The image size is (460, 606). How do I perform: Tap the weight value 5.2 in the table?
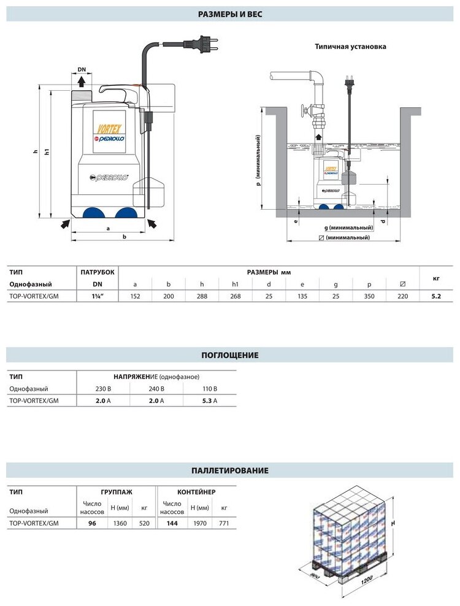point(435,296)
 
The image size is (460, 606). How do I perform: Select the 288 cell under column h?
point(202,296)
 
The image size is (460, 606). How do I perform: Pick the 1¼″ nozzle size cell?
point(97,296)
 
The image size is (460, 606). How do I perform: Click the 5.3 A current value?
point(210,401)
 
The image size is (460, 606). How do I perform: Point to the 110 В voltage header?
point(210,389)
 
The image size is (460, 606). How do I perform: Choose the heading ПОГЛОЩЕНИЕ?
point(230,355)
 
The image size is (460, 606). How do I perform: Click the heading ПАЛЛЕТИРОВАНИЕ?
point(230,471)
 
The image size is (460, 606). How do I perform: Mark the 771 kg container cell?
point(224,523)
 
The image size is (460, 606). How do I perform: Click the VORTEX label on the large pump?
point(106,128)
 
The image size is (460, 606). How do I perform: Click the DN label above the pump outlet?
point(81,69)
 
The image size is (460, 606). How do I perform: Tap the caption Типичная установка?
point(350,46)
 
